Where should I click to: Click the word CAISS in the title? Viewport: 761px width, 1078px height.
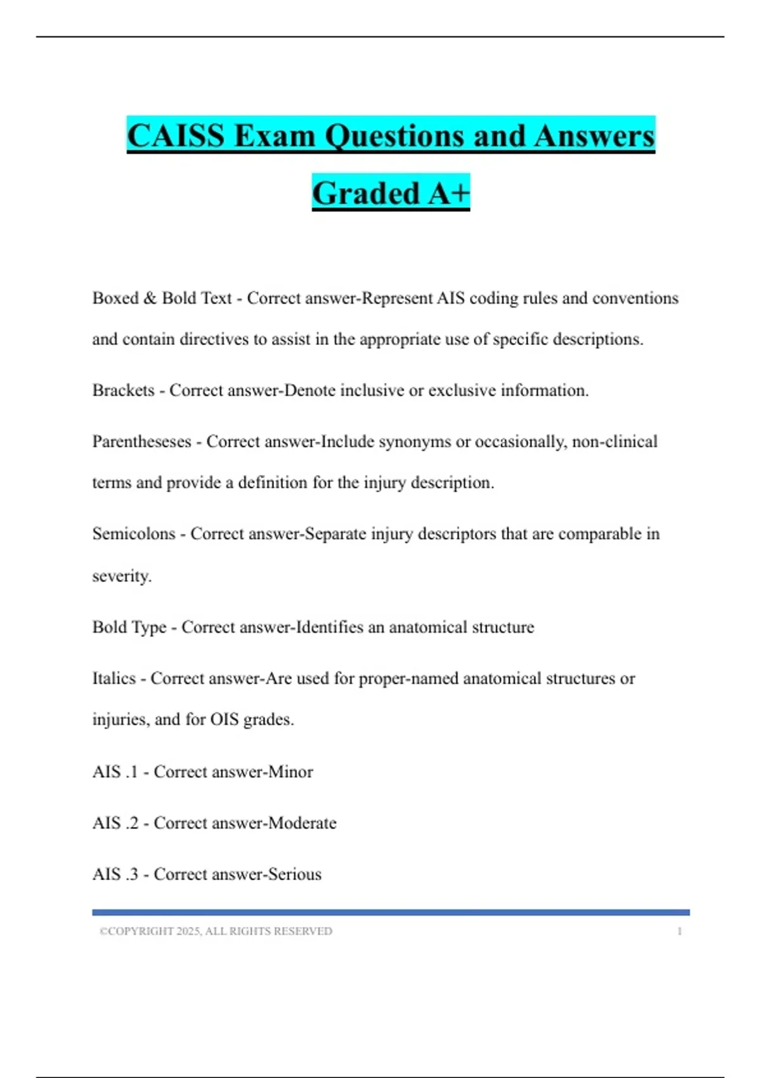point(176,136)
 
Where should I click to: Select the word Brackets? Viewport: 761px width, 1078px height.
point(123,390)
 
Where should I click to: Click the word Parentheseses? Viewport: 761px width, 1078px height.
point(141,441)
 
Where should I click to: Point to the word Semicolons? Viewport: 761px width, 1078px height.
point(133,534)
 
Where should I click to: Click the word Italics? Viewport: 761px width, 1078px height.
point(114,679)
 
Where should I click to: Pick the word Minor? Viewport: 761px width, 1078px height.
point(290,772)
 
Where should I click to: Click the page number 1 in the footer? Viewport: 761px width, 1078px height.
point(679,932)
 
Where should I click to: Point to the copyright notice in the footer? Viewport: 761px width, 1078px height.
point(216,932)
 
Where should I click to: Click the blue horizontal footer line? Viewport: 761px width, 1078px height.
point(391,912)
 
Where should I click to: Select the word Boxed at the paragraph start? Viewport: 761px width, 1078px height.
point(115,298)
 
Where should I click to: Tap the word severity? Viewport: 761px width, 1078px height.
point(122,576)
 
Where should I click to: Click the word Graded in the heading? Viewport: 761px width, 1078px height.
point(366,193)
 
